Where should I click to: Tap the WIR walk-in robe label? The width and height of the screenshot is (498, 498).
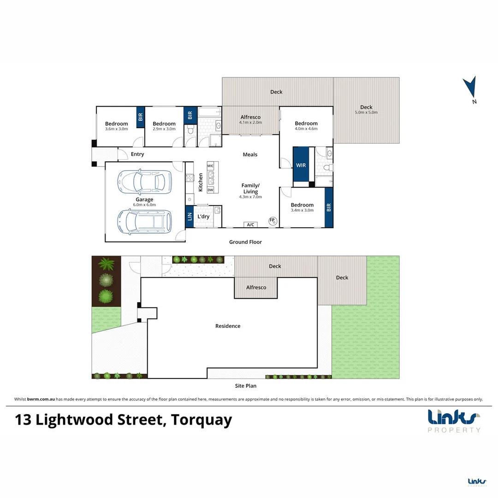(x=301, y=165)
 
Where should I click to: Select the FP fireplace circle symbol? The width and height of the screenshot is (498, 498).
(x=273, y=220)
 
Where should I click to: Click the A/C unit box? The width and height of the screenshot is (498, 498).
(x=251, y=225)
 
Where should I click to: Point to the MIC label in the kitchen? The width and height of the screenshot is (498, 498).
(x=210, y=165)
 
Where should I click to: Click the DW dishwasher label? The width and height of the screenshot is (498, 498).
(x=210, y=190)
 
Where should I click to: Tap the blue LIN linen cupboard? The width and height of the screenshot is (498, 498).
(x=190, y=217)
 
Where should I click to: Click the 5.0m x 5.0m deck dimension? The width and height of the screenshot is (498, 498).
(x=366, y=113)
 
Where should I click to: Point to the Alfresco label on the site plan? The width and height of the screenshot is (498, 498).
(x=256, y=287)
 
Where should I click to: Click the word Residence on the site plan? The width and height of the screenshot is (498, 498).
(x=228, y=326)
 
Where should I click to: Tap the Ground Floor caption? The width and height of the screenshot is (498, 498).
(x=245, y=242)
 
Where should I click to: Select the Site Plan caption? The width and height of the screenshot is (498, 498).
(x=245, y=386)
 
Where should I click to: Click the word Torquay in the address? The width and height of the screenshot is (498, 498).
(x=201, y=421)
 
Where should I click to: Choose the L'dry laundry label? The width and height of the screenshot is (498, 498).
(x=204, y=217)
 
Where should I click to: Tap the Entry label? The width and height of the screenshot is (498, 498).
(x=137, y=154)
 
